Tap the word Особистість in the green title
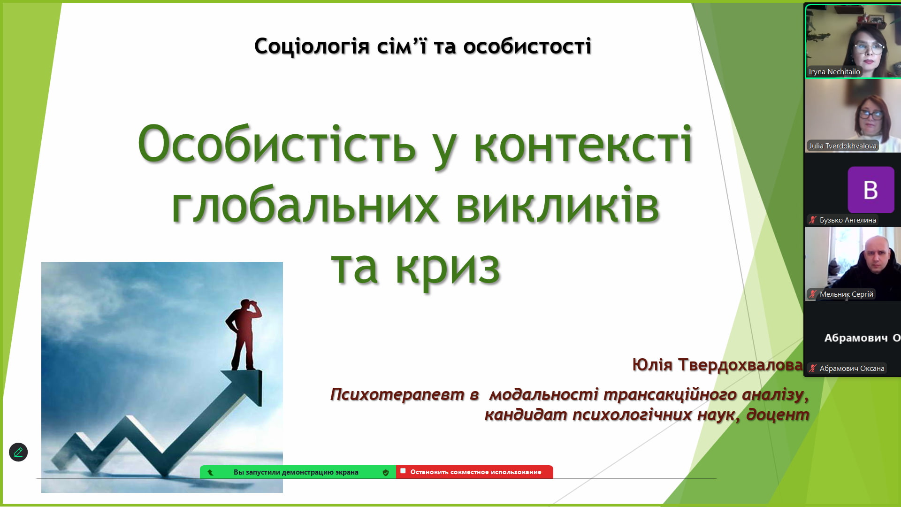click(277, 144)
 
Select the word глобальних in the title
click(305, 206)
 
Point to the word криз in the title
click(448, 268)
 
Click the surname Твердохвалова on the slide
click(741, 365)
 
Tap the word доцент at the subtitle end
click(778, 415)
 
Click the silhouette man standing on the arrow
click(243, 334)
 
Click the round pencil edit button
click(18, 452)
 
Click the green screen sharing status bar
click(298, 472)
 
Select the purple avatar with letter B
click(871, 190)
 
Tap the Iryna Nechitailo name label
click(834, 72)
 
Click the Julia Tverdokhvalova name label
click(842, 146)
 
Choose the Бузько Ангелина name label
click(848, 220)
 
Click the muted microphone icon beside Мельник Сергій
click(813, 294)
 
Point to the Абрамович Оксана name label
click(852, 369)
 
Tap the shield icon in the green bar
click(386, 473)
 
